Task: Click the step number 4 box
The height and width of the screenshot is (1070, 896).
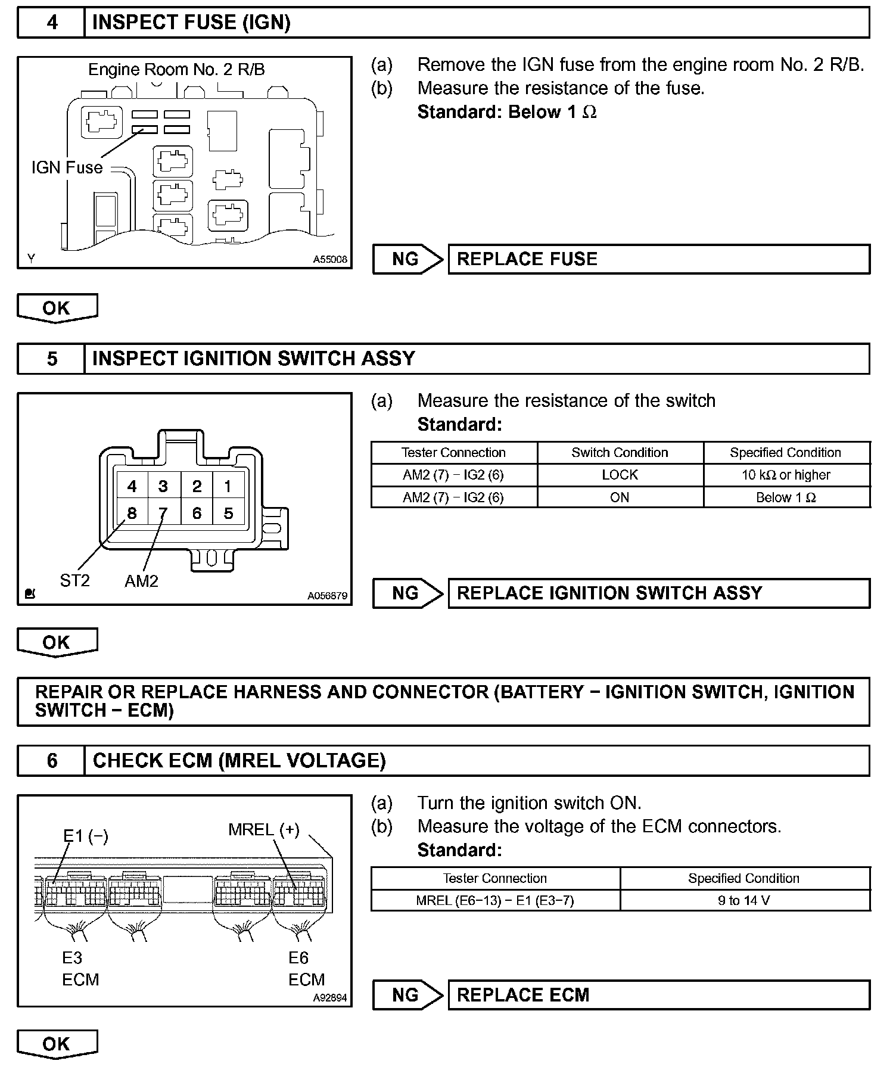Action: [x=52, y=23]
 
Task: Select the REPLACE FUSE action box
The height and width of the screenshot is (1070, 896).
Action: [x=658, y=259]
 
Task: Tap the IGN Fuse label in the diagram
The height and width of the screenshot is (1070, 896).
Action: [x=67, y=168]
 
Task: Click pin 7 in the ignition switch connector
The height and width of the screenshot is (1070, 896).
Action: [x=163, y=513]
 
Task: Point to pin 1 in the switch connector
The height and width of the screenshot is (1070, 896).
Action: [x=228, y=486]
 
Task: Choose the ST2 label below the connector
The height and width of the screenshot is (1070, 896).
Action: [x=74, y=580]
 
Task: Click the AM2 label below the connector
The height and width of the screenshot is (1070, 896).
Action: [x=141, y=581]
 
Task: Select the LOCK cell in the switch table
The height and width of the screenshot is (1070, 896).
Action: [x=620, y=475]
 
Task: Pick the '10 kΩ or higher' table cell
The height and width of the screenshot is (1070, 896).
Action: [x=786, y=475]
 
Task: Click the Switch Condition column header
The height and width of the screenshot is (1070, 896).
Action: [x=620, y=453]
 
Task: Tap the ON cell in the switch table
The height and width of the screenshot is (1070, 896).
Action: [x=620, y=497]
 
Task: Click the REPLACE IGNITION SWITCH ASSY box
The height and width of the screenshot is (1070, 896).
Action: [x=658, y=593]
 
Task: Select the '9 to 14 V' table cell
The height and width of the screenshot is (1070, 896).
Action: [x=744, y=900]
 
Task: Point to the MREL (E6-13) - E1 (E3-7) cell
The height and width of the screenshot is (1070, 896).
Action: [x=494, y=900]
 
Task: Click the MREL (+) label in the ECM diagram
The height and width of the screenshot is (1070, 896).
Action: [x=263, y=830]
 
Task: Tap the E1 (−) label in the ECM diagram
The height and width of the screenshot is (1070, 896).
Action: [x=86, y=836]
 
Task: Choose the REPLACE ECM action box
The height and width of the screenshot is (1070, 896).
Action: [x=658, y=995]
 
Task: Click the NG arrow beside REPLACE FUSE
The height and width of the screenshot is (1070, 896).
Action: [x=407, y=259]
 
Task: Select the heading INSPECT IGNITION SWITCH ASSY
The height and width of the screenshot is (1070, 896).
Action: [x=253, y=359]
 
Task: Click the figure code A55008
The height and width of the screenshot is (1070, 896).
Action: [x=330, y=260]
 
